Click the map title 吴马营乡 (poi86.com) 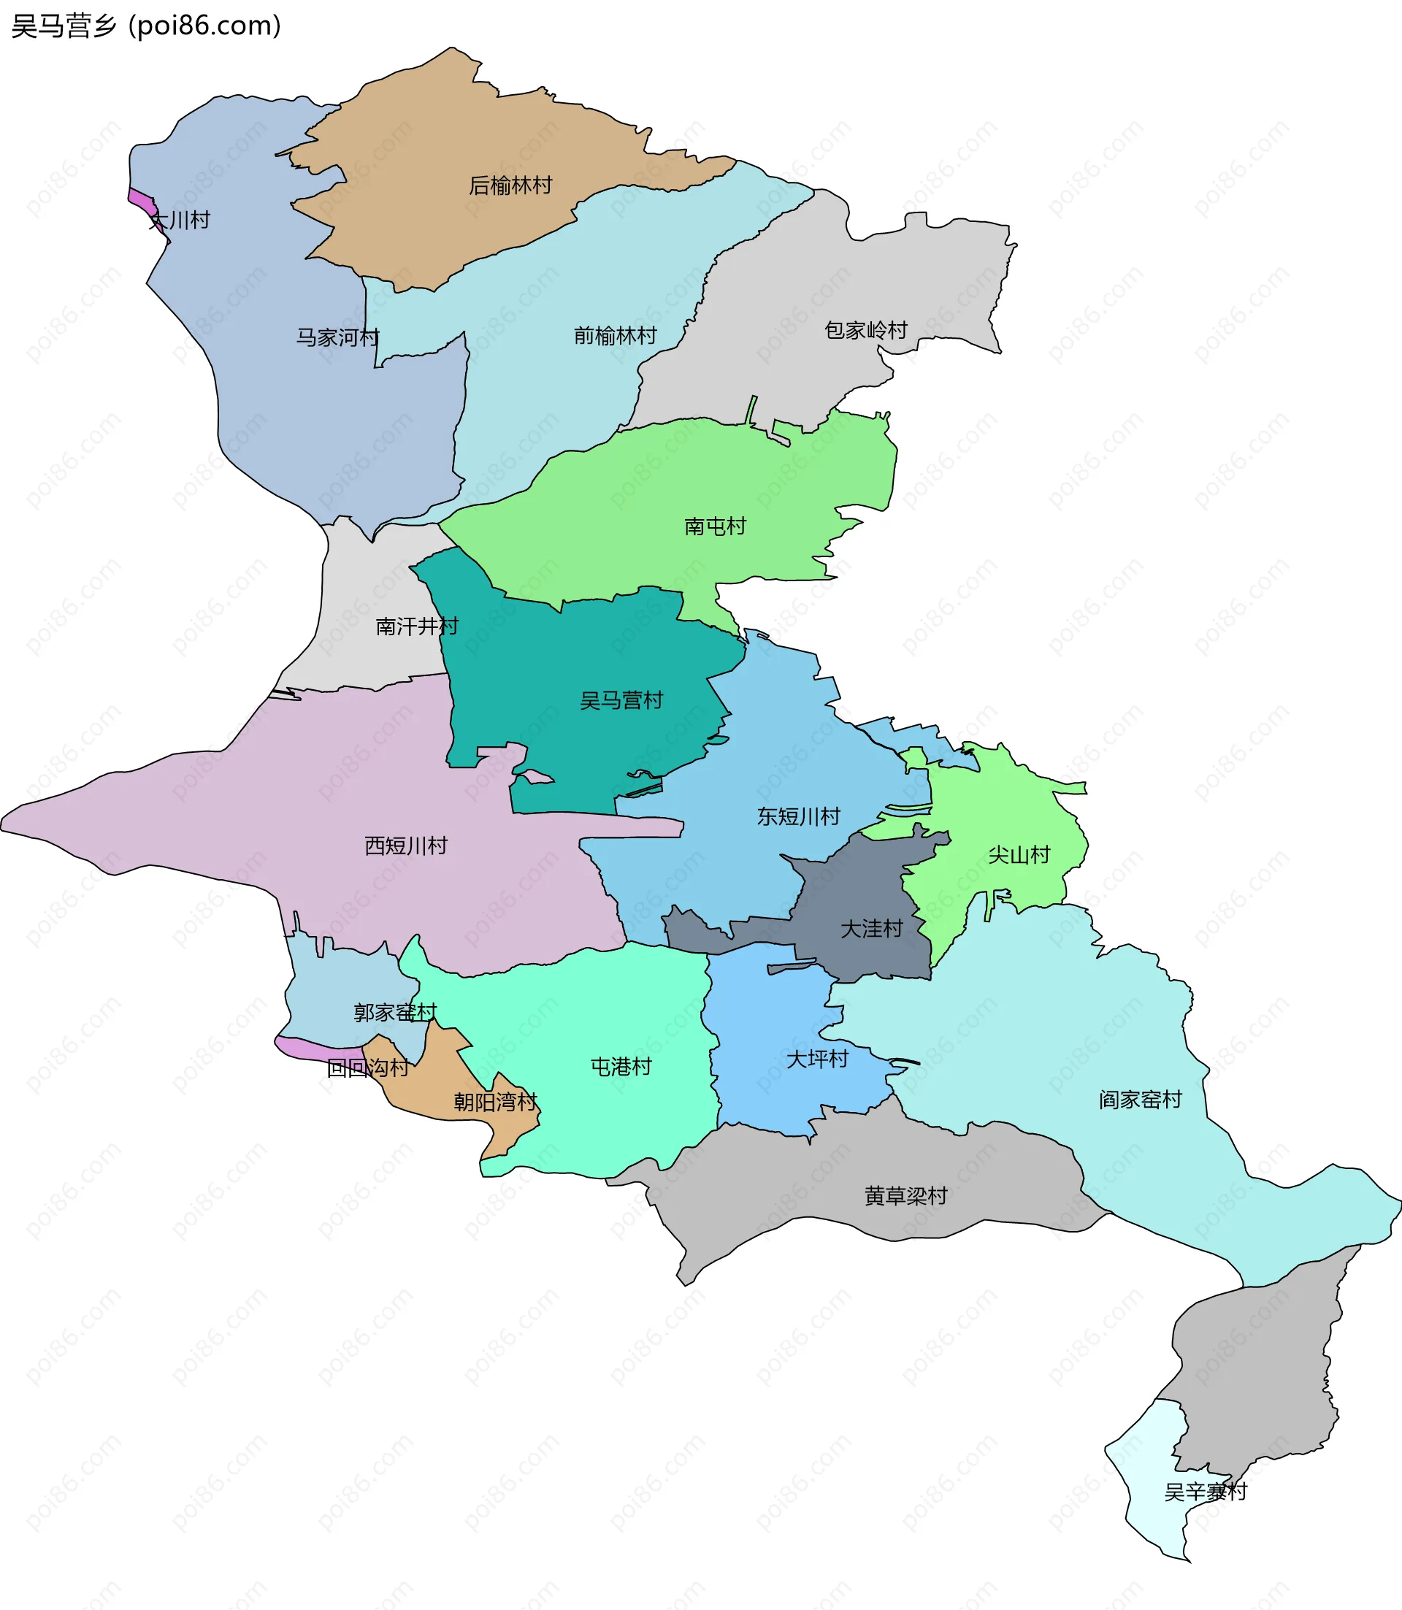point(145,26)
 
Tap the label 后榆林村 point(510,185)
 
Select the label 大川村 point(180,220)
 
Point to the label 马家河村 point(337,337)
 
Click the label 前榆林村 point(615,336)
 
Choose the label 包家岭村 point(865,330)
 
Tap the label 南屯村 point(714,526)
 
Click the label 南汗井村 point(416,626)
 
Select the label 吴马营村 point(621,700)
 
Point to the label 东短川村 point(798,817)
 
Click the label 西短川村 point(405,846)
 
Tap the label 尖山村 point(1018,854)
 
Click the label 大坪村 point(817,1059)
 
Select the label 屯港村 point(621,1066)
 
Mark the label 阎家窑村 point(1139,1100)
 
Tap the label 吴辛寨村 point(1205,1492)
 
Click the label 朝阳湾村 point(495,1103)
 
